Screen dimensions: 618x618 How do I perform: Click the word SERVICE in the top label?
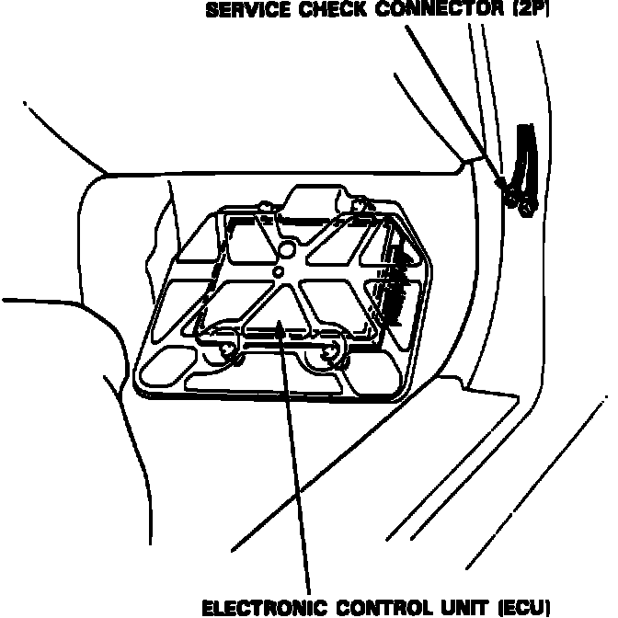point(241,12)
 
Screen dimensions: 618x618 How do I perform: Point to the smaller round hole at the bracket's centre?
point(277,273)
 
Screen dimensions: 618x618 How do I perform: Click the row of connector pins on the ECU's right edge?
point(398,280)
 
